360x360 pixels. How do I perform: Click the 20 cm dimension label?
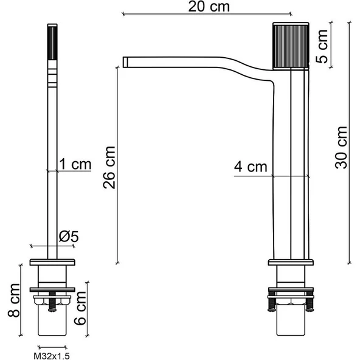(x=204, y=7)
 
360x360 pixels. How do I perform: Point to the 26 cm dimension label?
(x=109, y=167)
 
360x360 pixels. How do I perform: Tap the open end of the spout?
(x=126, y=61)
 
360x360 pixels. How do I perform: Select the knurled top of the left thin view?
(x=52, y=43)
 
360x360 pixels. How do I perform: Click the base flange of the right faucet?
(x=291, y=263)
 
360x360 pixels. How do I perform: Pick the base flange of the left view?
(x=53, y=263)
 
